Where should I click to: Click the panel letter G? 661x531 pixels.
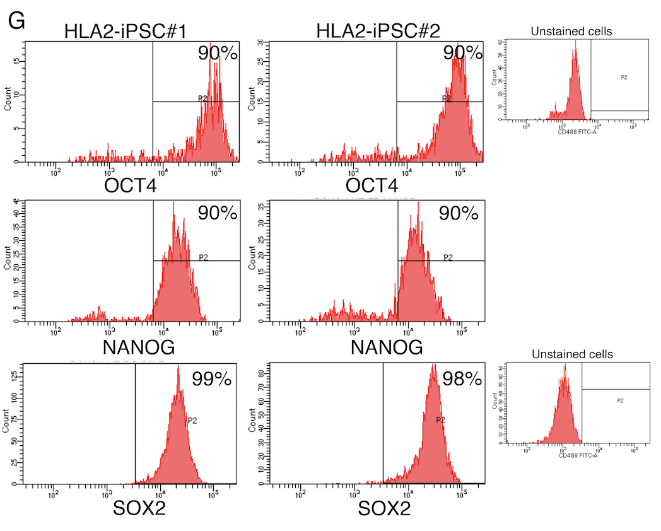pos(16,21)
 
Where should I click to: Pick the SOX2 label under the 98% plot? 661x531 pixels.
pos(384,508)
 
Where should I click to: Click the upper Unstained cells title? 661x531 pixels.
pos(571,31)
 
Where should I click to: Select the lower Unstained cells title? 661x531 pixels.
pos(572,354)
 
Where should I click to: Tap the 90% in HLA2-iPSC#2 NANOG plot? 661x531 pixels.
pos(459,214)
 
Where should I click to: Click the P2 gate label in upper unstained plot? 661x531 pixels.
pos(623,77)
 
